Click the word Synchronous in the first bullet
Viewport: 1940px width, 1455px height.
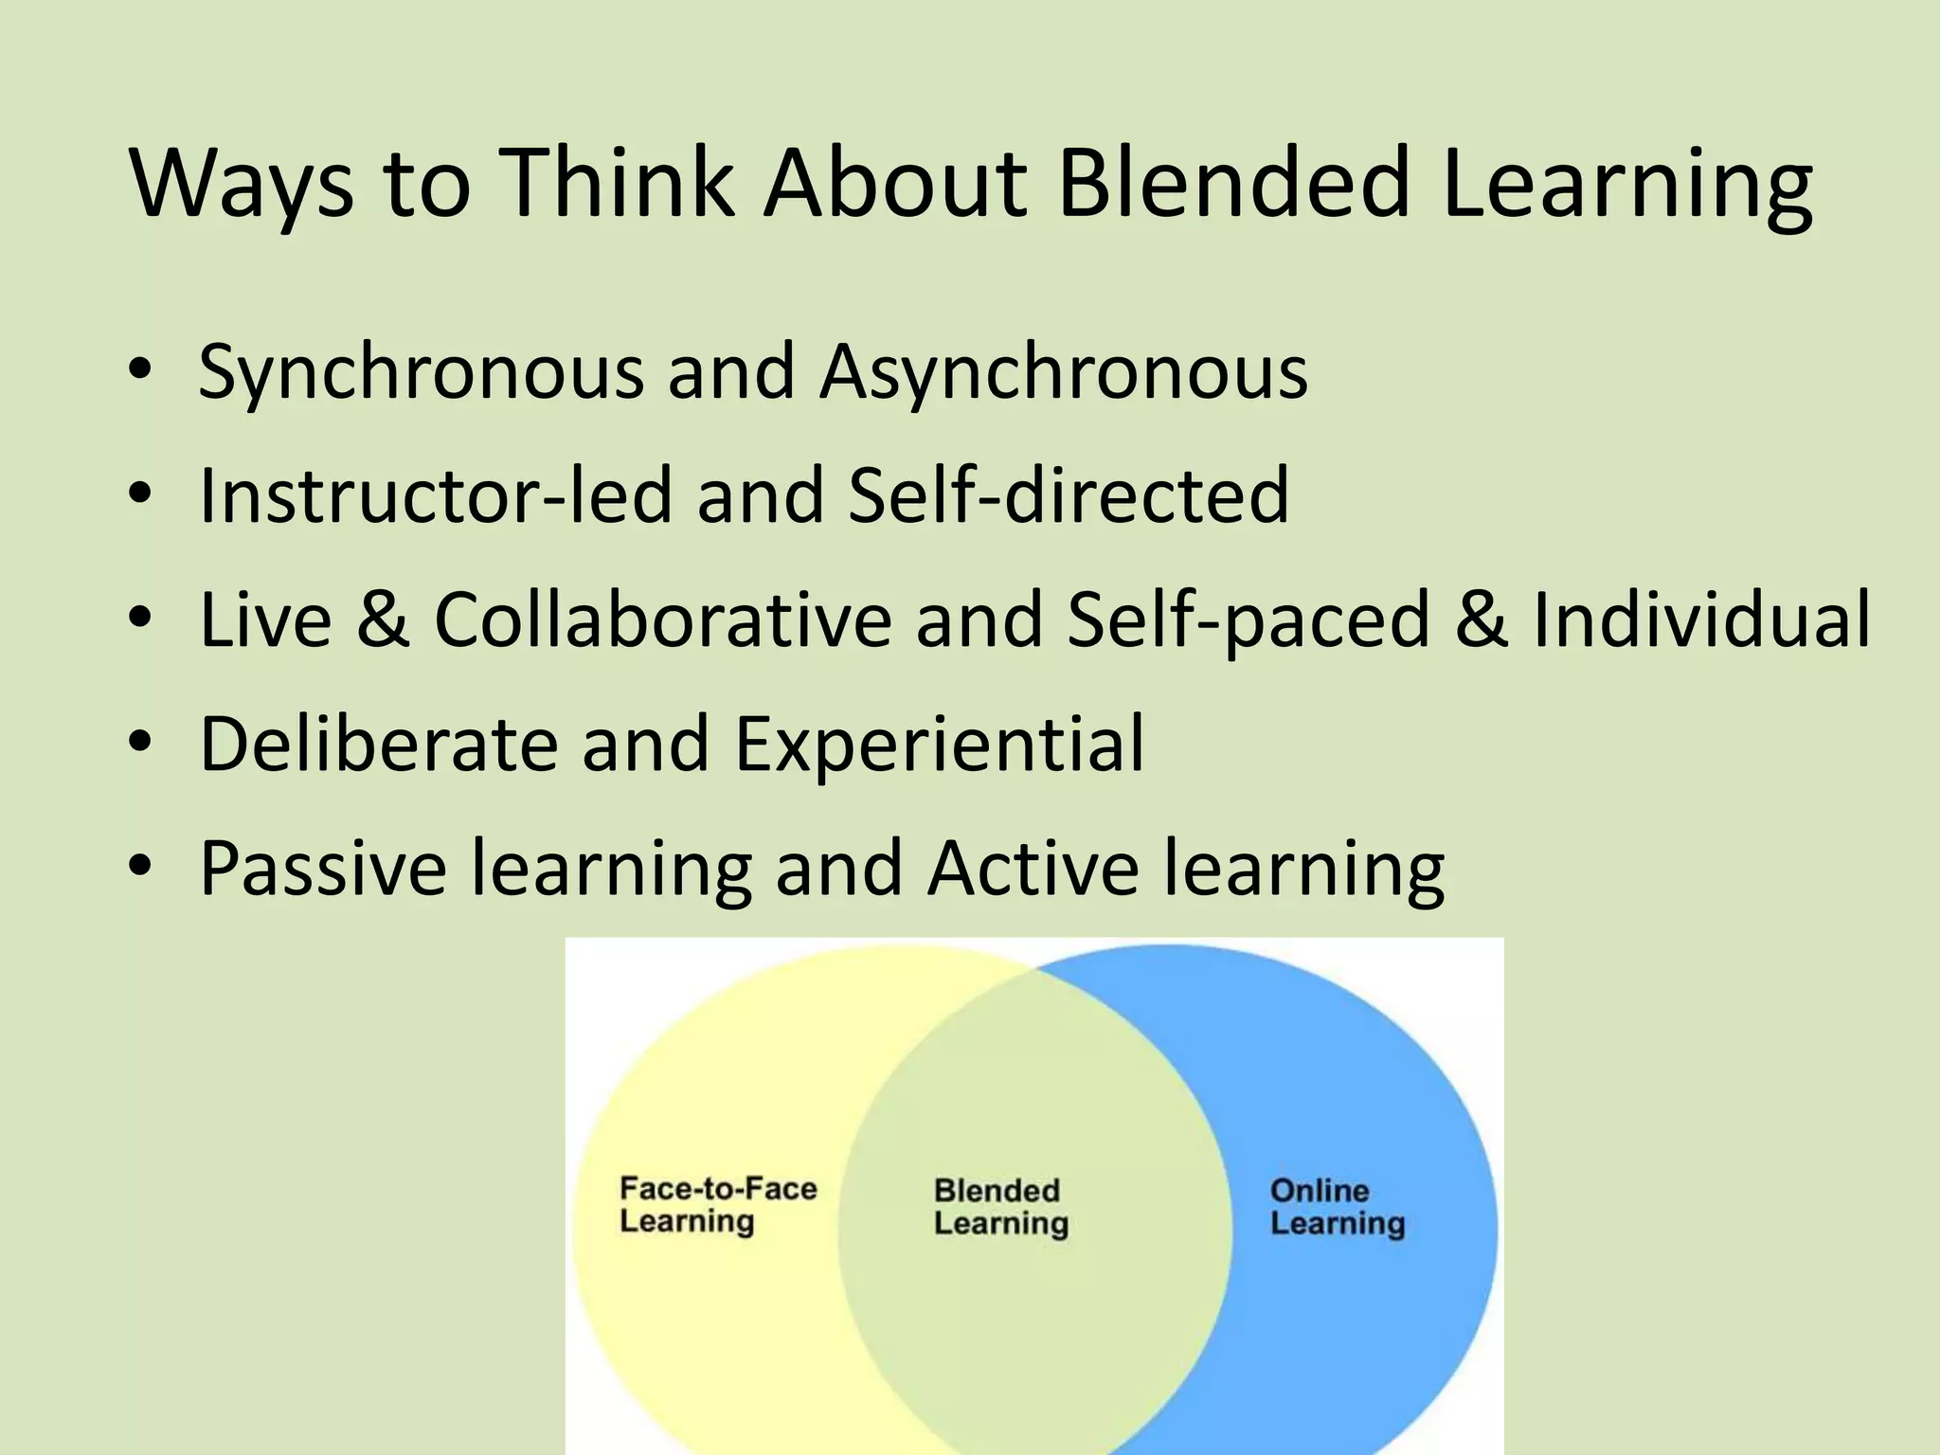click(x=421, y=372)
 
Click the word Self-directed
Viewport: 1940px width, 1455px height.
click(x=1069, y=494)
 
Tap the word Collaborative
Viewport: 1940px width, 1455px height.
click(x=663, y=620)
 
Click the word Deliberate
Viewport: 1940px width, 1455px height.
click(x=379, y=744)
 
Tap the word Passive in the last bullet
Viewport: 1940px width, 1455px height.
click(x=322, y=868)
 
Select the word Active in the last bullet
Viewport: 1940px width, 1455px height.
click(x=1033, y=868)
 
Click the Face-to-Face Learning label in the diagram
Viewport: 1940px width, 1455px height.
click(x=717, y=1205)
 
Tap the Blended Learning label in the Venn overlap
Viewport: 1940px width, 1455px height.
click(x=1000, y=1207)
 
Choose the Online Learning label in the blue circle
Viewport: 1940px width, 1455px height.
click(x=1337, y=1207)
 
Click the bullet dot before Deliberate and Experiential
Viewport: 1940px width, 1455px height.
click(x=140, y=745)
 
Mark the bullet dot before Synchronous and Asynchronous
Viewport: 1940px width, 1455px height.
click(x=140, y=372)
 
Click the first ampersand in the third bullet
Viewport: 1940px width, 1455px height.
click(x=384, y=620)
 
